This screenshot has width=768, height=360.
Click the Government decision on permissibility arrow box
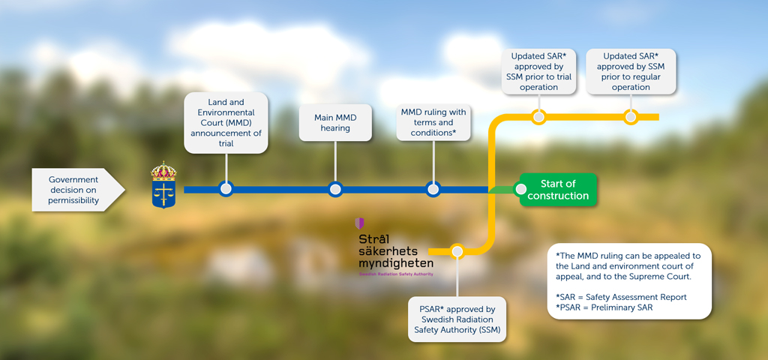coord(75,190)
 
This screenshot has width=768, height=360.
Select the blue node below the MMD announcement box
coord(226,189)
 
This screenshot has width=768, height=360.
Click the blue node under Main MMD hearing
coord(335,189)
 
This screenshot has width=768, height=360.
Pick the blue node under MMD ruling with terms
coord(433,189)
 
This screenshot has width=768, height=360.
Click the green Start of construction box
coord(558,190)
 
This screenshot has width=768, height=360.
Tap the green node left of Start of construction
coord(521,190)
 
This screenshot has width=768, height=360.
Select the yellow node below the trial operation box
coord(538,117)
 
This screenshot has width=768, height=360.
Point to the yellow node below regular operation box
coord(631,117)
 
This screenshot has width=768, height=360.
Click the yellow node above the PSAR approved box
coord(457,251)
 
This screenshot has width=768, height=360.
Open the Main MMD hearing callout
coord(335,122)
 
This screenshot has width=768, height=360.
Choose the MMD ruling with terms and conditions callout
coord(433,122)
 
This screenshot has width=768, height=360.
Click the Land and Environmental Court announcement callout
coord(226,123)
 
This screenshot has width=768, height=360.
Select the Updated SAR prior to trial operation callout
coord(538,71)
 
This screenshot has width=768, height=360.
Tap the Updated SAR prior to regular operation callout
coord(631,71)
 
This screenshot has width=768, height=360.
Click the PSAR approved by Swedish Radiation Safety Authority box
coord(457,319)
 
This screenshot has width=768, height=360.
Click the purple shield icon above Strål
coord(360,223)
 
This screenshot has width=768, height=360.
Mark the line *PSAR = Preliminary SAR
coord(600,308)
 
